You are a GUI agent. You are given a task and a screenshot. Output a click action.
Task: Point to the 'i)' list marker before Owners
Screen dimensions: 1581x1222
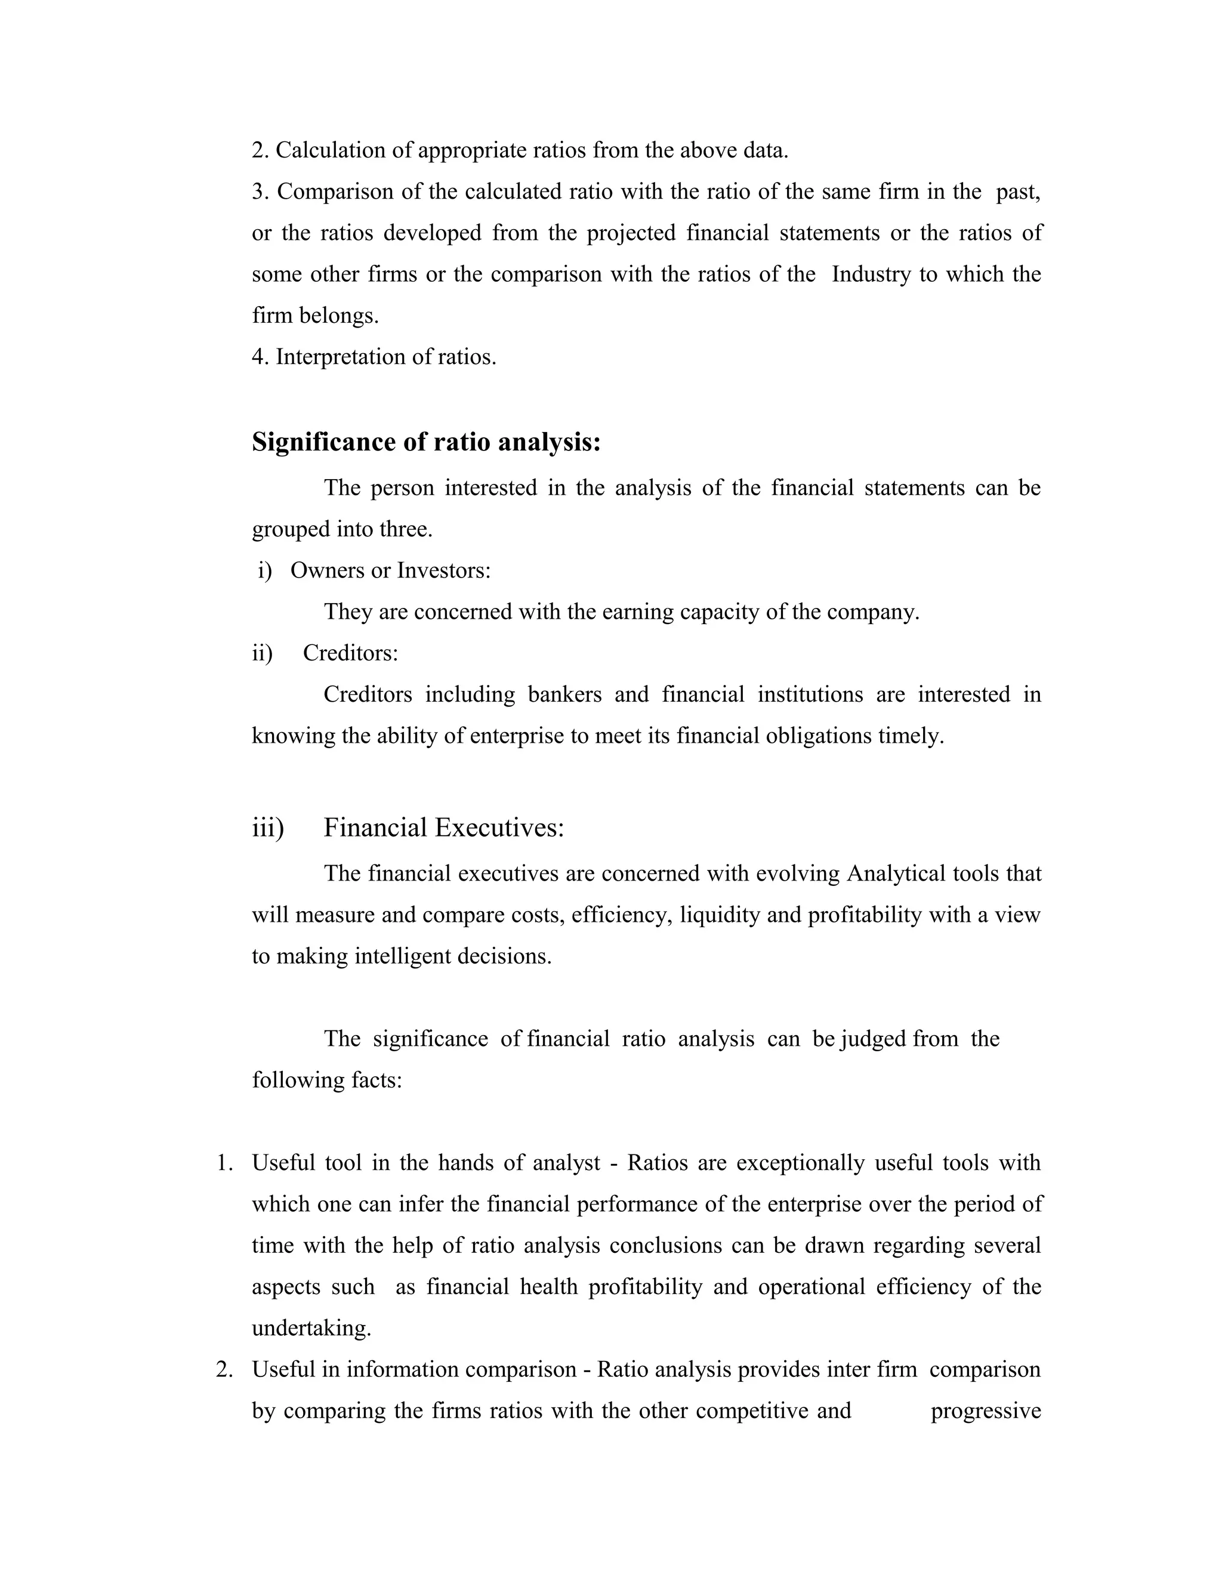[x=264, y=570]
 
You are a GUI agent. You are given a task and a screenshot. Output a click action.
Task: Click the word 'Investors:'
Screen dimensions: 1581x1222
[x=444, y=570]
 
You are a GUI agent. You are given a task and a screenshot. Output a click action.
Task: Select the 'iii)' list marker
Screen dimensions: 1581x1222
[x=268, y=827]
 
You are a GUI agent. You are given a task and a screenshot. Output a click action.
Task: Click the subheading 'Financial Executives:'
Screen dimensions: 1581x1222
[x=443, y=827]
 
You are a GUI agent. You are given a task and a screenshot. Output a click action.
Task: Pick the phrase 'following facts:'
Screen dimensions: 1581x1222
[x=326, y=1080]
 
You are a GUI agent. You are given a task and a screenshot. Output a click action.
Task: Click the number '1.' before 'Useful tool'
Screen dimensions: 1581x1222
[x=224, y=1163]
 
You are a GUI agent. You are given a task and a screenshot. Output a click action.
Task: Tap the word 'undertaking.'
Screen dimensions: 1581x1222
[x=311, y=1329]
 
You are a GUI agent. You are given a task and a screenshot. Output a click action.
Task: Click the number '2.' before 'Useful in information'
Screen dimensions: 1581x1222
[x=224, y=1370]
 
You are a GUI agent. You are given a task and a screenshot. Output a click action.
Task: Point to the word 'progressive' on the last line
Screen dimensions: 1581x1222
[x=985, y=1411]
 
